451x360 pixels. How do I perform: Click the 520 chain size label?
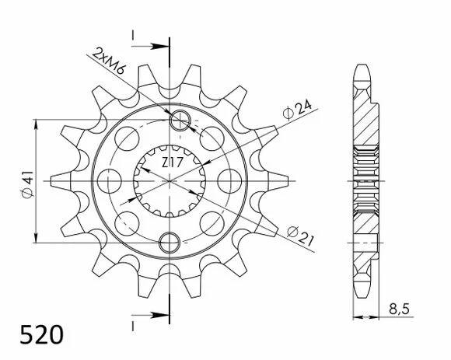[x=42, y=334]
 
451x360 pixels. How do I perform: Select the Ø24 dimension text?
[x=297, y=110]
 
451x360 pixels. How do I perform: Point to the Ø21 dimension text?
[x=300, y=236]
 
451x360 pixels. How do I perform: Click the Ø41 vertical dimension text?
[x=28, y=184]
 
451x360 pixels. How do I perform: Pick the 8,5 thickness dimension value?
[x=399, y=309]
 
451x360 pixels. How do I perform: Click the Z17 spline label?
[x=172, y=163]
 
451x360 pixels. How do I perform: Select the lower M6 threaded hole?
[x=170, y=242]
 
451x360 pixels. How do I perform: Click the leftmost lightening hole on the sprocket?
[x=110, y=181]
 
